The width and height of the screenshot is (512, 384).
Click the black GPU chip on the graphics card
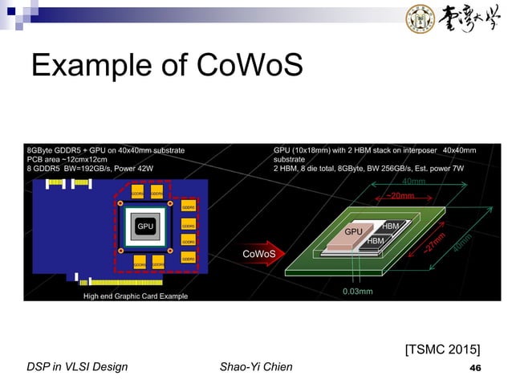(x=144, y=227)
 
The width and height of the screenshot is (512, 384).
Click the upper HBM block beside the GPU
(x=391, y=227)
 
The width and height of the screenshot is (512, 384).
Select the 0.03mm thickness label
(x=357, y=292)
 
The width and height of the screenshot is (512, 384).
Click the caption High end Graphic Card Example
(x=136, y=296)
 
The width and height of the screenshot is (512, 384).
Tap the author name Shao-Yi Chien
(x=255, y=368)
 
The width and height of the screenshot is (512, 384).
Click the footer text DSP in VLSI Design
(x=78, y=368)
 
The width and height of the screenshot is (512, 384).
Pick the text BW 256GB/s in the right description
(x=384, y=169)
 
